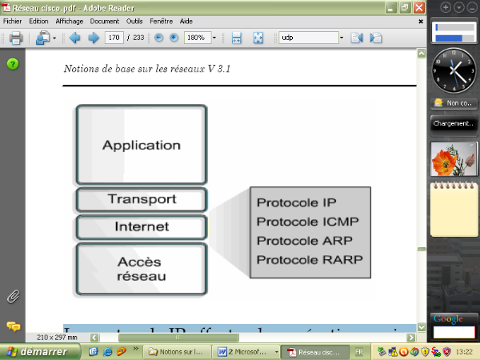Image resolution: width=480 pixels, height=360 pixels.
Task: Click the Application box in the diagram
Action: coord(142,145)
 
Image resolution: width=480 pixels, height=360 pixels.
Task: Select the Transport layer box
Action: coord(142,199)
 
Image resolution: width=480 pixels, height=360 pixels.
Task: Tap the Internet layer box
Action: coord(142,226)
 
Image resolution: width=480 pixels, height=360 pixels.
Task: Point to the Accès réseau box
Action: coord(142,269)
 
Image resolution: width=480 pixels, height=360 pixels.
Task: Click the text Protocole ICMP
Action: coord(307,222)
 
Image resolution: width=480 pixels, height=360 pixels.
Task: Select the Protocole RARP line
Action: coord(309,259)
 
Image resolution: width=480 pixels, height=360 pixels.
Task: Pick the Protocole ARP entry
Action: coord(304,241)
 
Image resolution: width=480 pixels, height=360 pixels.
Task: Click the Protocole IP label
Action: coord(297,202)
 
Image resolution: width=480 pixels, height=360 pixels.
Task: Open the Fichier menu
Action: coord(13,21)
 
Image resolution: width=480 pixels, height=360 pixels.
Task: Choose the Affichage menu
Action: coord(70,21)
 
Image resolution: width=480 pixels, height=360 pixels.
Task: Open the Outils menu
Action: coord(134,21)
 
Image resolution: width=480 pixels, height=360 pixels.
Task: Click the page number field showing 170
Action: coord(114,38)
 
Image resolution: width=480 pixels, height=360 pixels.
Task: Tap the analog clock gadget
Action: coord(454,71)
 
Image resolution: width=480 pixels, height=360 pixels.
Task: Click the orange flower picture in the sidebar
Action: coord(454,158)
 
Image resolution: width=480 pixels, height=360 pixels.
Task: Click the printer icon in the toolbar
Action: coord(15,38)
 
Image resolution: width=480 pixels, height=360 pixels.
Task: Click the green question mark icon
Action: coord(13,64)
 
